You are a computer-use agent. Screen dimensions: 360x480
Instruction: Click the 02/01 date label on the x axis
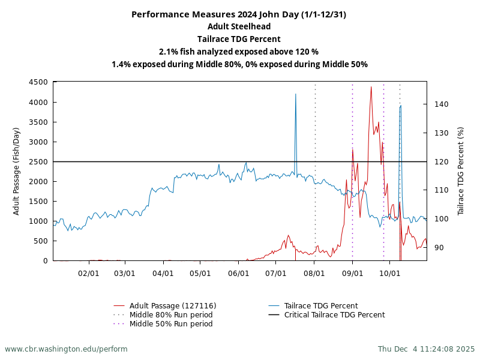89,272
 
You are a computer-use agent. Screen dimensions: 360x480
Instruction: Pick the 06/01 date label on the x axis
239,272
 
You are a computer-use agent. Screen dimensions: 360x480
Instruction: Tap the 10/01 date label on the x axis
389,272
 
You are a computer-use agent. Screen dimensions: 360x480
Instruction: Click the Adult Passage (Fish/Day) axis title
17,171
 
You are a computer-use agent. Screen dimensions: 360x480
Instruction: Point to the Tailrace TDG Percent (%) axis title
461,171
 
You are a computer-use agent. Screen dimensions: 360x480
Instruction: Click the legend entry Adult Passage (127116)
173,306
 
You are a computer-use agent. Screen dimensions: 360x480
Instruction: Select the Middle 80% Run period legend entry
171,315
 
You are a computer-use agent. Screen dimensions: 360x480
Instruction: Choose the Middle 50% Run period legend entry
171,324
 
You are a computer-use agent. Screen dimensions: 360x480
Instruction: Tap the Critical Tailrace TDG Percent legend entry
334,315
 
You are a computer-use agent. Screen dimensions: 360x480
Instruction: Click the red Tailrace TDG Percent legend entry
321,306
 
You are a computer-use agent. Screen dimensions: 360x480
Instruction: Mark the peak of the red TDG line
371,86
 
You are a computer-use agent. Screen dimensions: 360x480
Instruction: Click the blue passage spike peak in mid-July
295,94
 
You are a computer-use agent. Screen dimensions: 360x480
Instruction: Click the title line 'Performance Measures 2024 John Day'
239,14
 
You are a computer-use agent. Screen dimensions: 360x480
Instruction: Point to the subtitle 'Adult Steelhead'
239,26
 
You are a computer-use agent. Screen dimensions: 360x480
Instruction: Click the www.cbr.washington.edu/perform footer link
66,349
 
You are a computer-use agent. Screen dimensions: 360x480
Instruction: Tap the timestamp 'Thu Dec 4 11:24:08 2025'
426,349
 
